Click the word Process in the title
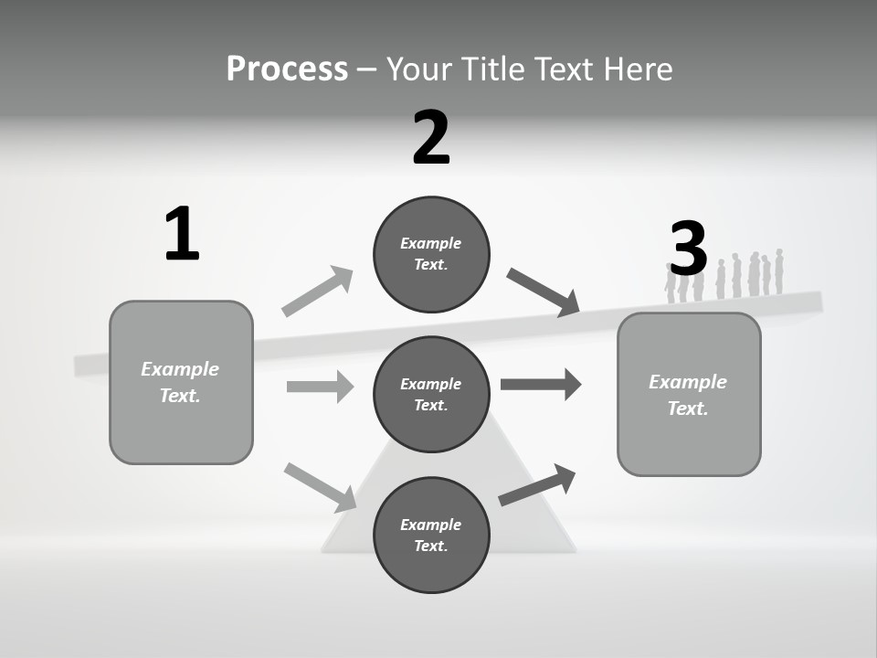point(287,69)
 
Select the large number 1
point(182,235)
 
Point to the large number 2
point(431,138)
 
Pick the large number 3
point(688,249)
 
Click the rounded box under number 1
point(181,382)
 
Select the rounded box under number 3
point(689,394)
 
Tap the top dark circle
point(431,254)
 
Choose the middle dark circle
point(431,394)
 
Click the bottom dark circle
point(431,535)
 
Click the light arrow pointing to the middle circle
point(320,387)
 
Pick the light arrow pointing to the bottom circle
point(321,486)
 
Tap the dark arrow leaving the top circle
point(543,292)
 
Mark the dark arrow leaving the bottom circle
point(537,484)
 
